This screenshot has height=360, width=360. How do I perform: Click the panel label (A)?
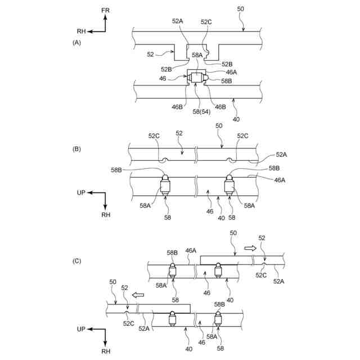click(x=76, y=42)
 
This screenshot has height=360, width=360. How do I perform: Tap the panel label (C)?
click(x=76, y=261)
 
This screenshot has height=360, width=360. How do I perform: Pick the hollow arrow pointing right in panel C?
click(x=250, y=247)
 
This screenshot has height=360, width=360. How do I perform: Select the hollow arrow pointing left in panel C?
click(x=137, y=294)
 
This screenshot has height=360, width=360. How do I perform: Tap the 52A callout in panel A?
click(x=177, y=21)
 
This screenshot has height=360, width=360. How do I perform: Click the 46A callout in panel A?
click(x=231, y=72)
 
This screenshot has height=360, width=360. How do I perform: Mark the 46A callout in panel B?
click(x=280, y=180)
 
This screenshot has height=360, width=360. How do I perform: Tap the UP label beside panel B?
click(x=81, y=193)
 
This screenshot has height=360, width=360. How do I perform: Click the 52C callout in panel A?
click(x=206, y=21)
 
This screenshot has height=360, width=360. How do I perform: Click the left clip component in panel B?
click(x=165, y=186)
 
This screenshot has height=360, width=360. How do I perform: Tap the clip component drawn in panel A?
click(x=197, y=78)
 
